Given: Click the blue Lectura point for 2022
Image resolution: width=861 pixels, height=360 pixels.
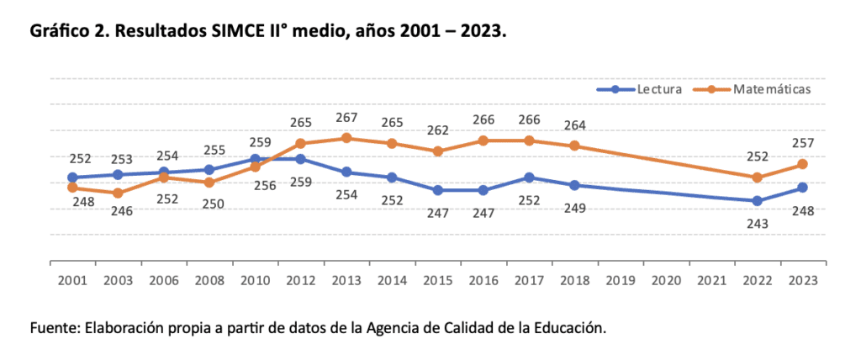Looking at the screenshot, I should click(758, 201).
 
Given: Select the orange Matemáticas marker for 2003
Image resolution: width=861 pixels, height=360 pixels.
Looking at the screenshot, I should click(118, 193).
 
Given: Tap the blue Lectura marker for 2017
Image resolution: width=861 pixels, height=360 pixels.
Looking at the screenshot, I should click(528, 177).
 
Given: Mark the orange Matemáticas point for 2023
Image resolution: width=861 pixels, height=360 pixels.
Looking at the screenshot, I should click(803, 164).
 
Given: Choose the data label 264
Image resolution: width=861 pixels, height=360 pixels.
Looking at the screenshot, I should click(574, 126).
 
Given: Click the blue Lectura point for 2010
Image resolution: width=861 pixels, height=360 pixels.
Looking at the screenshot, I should click(255, 159).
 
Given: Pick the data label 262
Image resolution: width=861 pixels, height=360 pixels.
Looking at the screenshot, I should click(437, 131).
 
